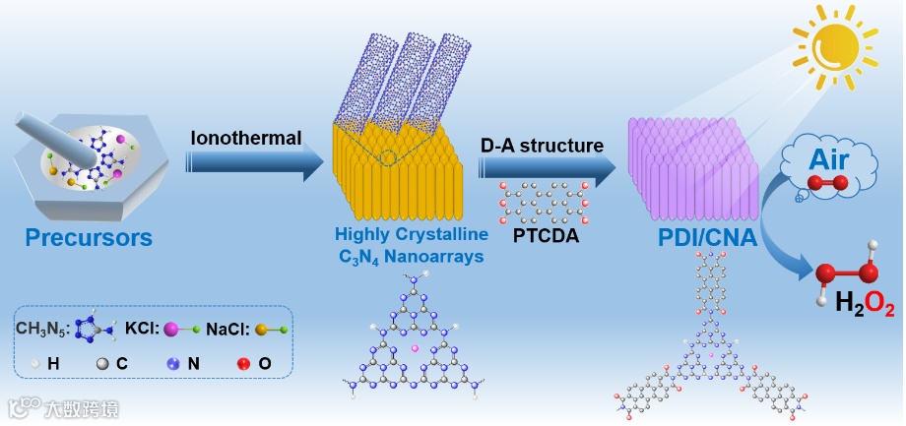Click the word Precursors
(89, 237)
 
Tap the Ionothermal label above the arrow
(246, 138)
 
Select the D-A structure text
(542, 146)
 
